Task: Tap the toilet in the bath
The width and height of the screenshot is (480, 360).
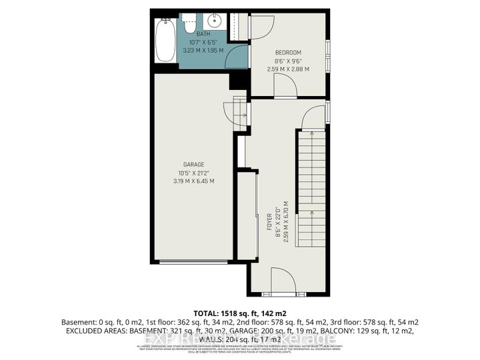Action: click(189, 23)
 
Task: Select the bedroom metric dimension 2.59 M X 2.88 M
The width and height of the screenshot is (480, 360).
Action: click(288, 68)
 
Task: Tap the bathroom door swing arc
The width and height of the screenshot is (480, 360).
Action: click(237, 57)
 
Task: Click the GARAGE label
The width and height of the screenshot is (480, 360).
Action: click(194, 164)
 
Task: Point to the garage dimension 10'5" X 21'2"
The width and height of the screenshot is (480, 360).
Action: click(194, 172)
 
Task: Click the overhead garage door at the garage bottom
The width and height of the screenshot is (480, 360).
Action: click(194, 261)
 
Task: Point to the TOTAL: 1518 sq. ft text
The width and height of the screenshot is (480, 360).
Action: click(240, 313)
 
